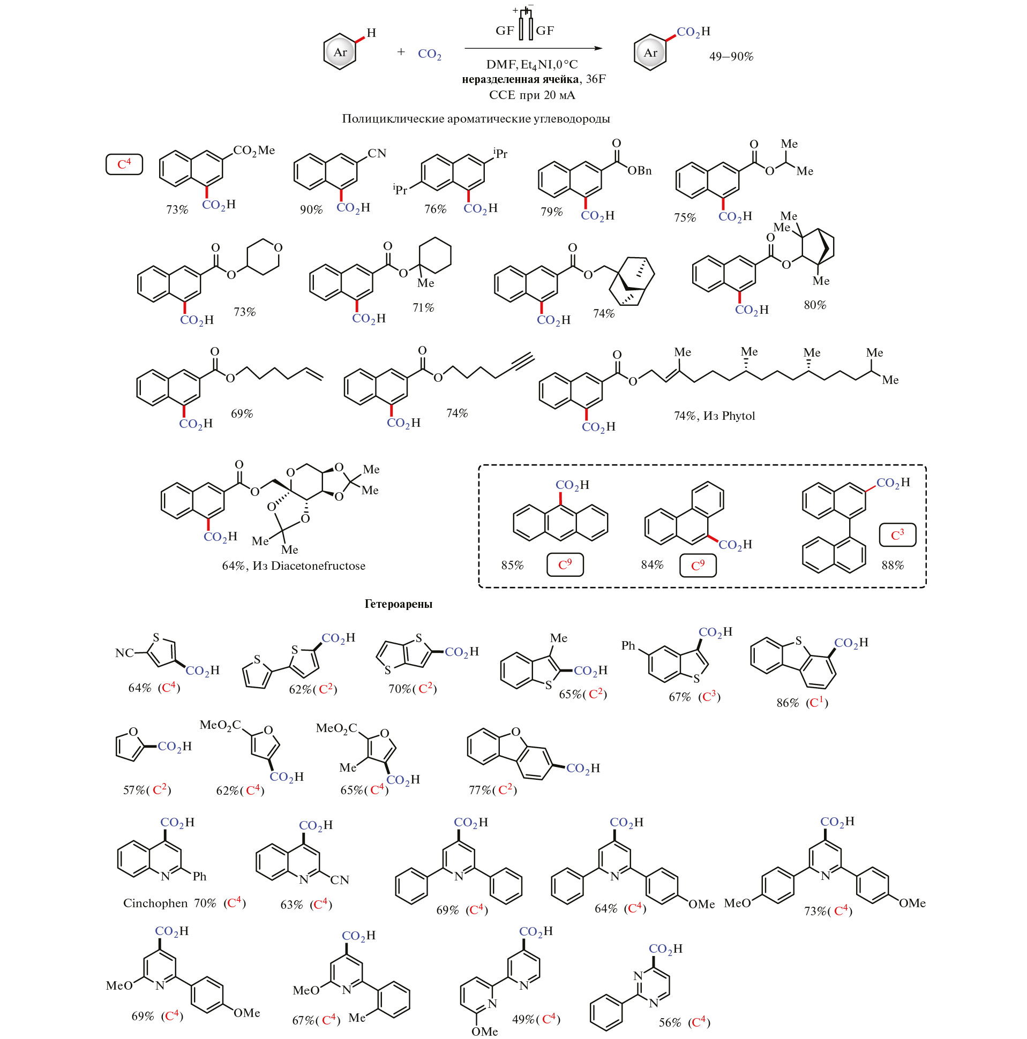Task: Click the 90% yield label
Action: (311, 210)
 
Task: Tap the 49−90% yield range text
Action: (731, 56)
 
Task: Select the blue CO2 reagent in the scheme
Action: (429, 54)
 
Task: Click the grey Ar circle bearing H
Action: (340, 52)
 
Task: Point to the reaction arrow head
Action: (598, 48)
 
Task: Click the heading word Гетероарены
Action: (398, 604)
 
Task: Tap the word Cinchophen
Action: (155, 903)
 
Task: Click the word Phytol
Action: (738, 416)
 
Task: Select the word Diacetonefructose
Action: (318, 566)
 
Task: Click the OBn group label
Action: (639, 170)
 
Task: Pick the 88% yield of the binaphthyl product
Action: (893, 565)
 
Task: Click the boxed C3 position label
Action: (897, 535)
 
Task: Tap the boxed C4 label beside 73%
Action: (124, 163)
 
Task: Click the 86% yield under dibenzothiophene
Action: (788, 703)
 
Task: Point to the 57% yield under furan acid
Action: (134, 790)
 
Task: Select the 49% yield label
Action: (523, 1019)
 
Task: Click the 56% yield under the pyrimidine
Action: (670, 1022)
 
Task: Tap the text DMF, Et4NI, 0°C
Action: (531, 64)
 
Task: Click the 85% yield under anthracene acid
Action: (512, 565)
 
